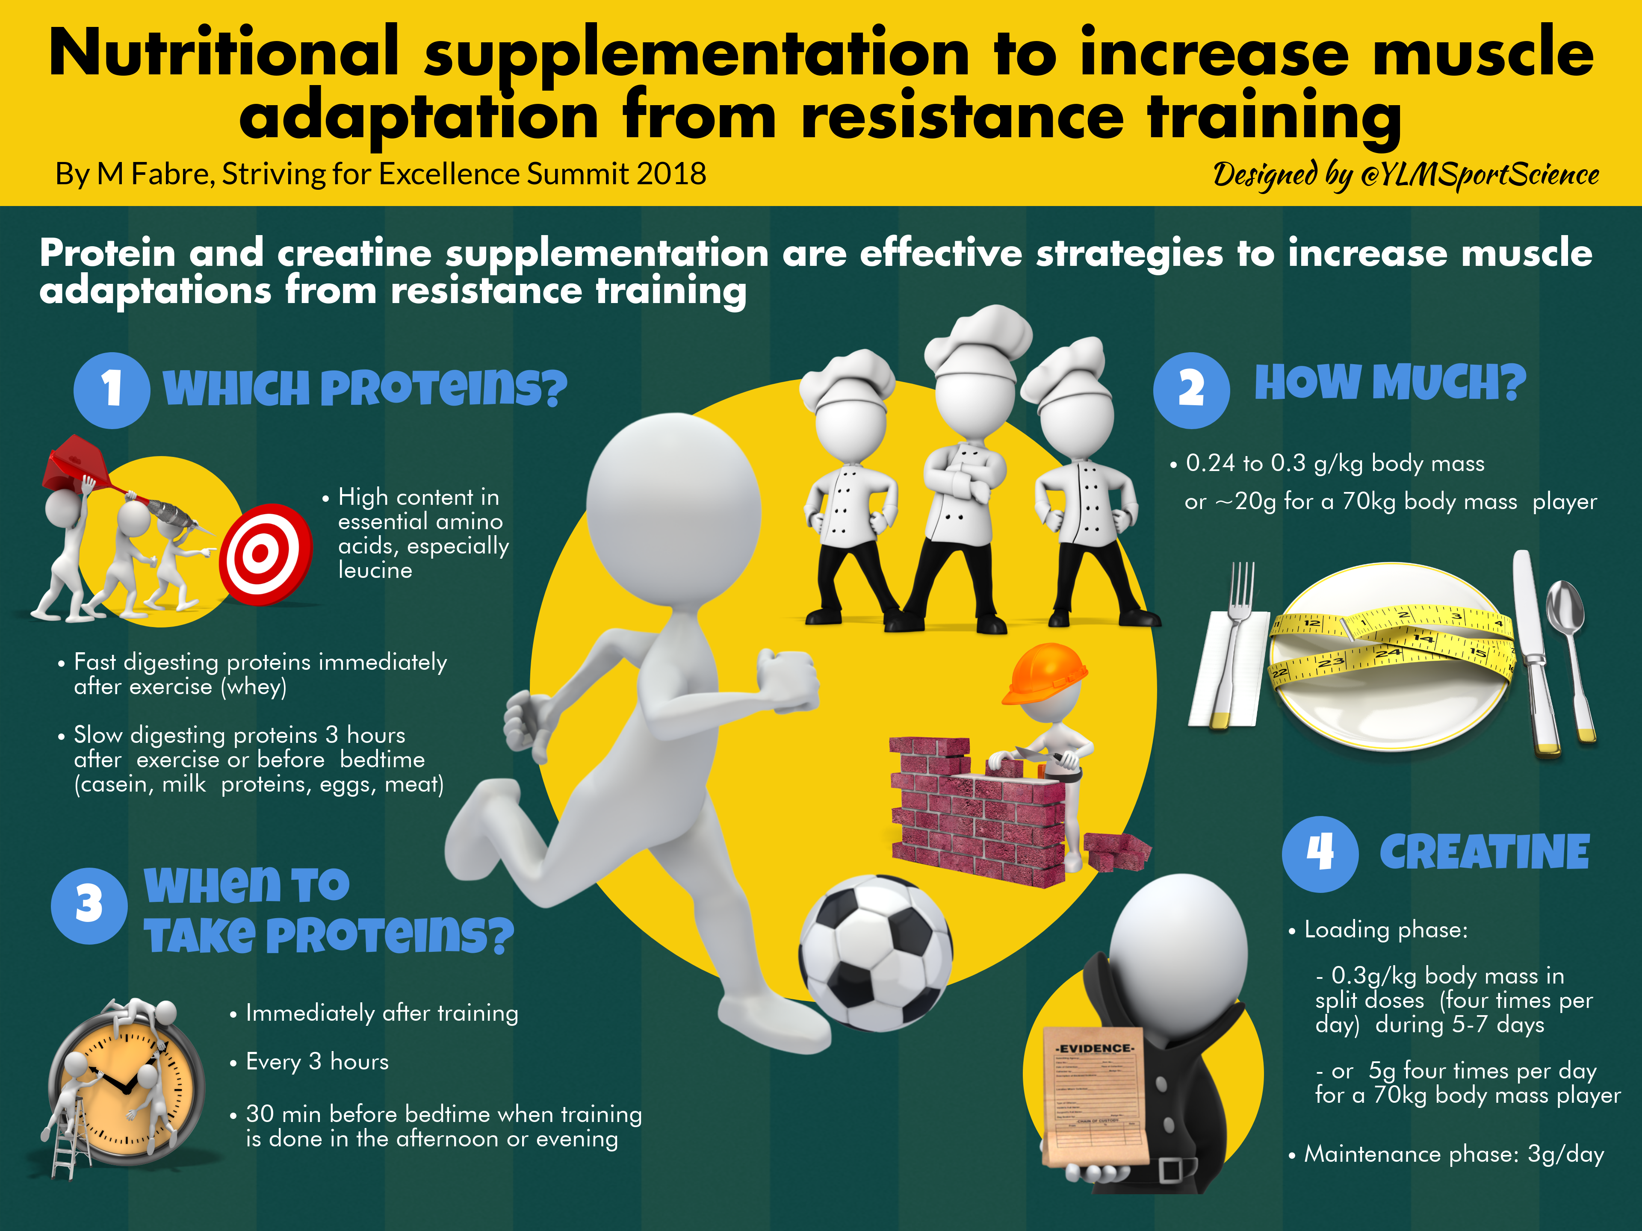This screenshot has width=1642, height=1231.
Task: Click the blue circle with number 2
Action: [x=1191, y=390]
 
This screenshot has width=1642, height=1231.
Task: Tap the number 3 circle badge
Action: [x=89, y=906]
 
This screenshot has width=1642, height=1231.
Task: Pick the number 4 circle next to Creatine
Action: [x=1320, y=854]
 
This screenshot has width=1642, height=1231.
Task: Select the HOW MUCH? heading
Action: [x=1390, y=383]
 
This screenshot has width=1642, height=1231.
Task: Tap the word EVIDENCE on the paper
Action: [x=1095, y=1048]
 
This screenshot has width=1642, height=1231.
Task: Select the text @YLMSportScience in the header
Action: [x=1480, y=175]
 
